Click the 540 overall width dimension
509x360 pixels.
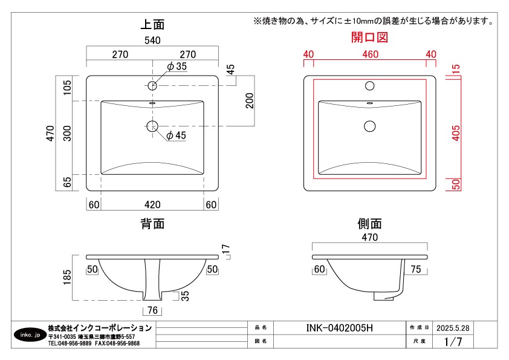152,41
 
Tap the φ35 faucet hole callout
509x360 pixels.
177,67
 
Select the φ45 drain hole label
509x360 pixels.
176,135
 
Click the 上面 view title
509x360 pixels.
152,24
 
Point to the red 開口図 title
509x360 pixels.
369,38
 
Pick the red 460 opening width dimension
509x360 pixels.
371,54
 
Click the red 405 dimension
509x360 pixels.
456,133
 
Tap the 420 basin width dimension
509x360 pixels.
152,205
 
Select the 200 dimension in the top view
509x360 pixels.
249,100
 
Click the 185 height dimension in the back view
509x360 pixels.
67,277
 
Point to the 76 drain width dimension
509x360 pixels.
152,310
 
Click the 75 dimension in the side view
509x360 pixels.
415,269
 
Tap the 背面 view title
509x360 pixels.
152,224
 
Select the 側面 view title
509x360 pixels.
369,224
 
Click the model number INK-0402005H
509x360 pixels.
340,328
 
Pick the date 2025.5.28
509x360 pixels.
453,328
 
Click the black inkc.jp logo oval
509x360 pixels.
30,335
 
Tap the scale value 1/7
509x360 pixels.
453,341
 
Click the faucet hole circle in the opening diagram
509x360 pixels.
370,86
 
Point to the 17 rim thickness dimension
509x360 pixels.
226,249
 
